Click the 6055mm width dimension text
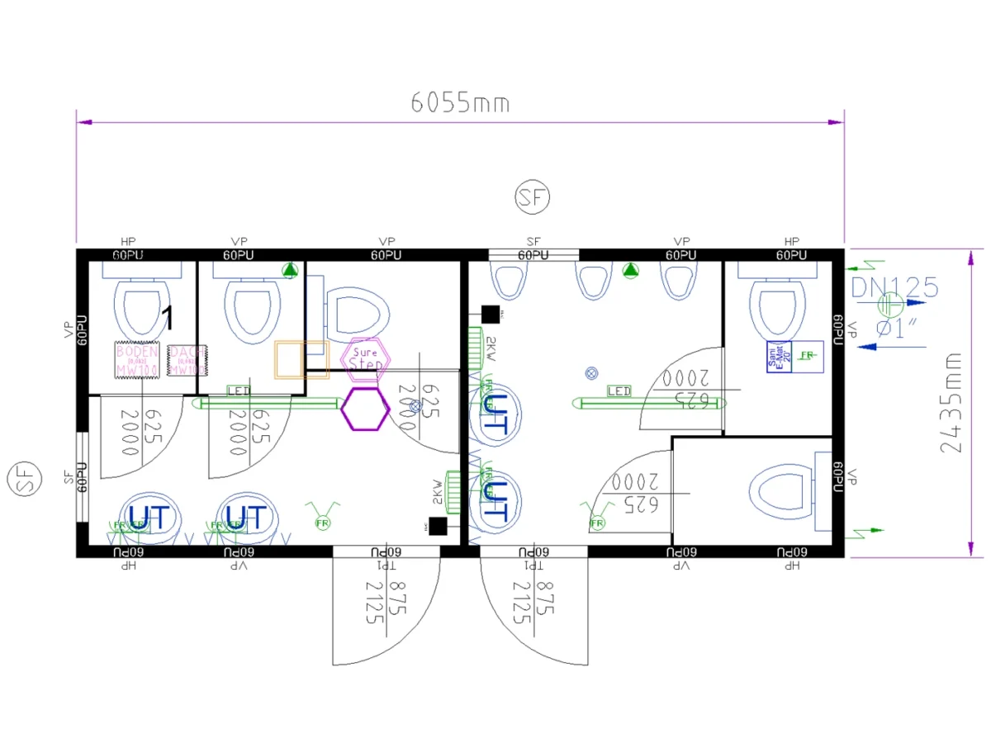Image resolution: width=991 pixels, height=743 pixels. click(460, 103)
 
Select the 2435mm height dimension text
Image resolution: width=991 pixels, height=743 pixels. click(952, 402)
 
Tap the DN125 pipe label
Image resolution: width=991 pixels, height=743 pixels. click(895, 287)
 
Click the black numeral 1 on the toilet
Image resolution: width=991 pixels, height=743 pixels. click(168, 317)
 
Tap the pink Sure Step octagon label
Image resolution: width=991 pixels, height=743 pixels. click(364, 358)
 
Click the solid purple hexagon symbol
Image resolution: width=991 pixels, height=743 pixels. click(365, 409)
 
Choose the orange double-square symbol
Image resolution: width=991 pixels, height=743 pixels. click(301, 360)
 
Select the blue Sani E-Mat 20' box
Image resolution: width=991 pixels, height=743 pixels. click(779, 357)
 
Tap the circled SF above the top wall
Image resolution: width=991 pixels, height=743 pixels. click(533, 196)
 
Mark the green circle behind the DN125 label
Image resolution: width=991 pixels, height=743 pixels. click(891, 307)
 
